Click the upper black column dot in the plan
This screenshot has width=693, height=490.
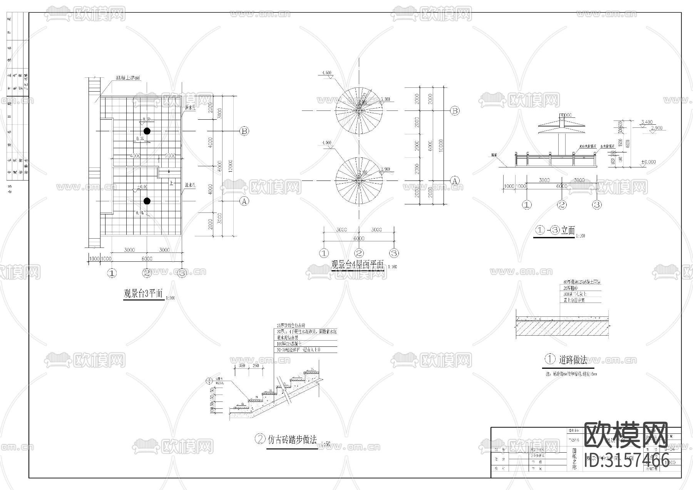147,131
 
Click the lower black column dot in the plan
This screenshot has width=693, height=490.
147,201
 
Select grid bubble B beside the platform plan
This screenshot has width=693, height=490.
244,131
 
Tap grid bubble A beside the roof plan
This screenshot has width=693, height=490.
455,181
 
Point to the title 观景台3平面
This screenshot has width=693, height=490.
143,294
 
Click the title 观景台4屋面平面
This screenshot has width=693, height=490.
358,265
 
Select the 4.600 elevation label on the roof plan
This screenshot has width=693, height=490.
326,73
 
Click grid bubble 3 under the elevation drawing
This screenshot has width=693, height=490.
597,205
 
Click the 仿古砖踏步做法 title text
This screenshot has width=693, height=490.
292,439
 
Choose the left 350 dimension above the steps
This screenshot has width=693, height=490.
242,366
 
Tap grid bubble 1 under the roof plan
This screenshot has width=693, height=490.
324,253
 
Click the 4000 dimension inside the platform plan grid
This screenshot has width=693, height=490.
135,156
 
